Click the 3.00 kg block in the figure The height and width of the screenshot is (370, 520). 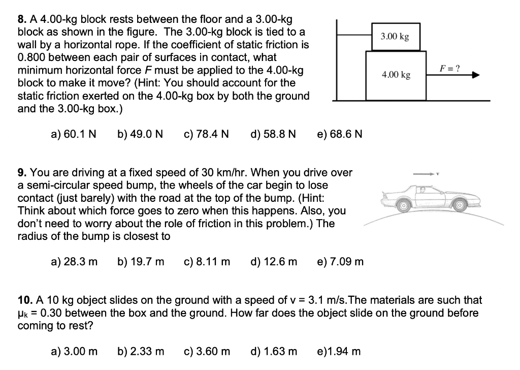click(395, 36)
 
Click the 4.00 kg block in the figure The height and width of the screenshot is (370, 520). click(396, 75)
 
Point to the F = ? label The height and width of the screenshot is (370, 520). click(449, 68)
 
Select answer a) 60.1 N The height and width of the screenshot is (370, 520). click(74, 134)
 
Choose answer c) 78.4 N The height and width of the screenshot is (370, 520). click(205, 134)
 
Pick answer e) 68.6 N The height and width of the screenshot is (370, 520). click(339, 134)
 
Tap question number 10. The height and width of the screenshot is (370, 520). click(24, 301)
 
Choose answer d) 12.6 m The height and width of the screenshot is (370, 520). click(274, 262)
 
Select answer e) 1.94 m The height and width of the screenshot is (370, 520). click(339, 351)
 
